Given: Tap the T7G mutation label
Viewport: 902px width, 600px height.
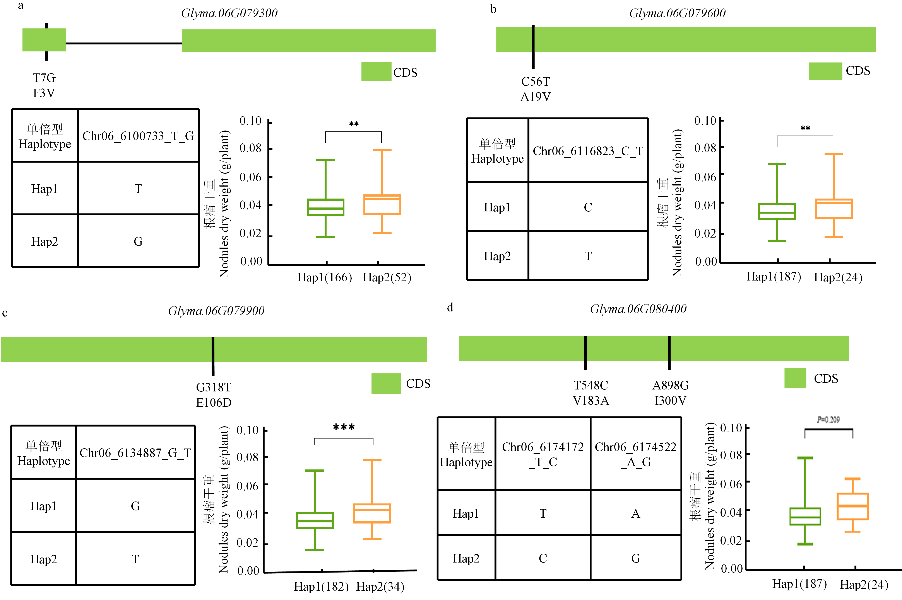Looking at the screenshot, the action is coord(44,78).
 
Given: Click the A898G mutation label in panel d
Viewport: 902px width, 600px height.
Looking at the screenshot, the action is coord(670,385).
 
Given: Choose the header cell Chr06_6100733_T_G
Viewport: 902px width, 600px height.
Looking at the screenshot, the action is coord(138,136).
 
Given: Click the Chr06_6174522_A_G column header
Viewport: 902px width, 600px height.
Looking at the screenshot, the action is coord(636,454).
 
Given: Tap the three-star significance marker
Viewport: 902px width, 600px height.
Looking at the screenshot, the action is coord(344,427).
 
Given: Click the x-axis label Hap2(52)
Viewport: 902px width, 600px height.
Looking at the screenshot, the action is coord(387,277).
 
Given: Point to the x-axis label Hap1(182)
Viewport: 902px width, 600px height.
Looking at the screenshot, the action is coord(321,587).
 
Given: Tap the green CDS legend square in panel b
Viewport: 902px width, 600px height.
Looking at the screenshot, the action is coord(825,71).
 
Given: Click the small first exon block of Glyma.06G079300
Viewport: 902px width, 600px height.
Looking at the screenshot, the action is coord(44,40).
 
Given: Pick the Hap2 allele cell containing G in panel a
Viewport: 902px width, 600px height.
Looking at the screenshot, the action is coord(138,241).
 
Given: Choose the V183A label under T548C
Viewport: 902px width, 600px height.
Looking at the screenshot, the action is coord(591,401).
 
